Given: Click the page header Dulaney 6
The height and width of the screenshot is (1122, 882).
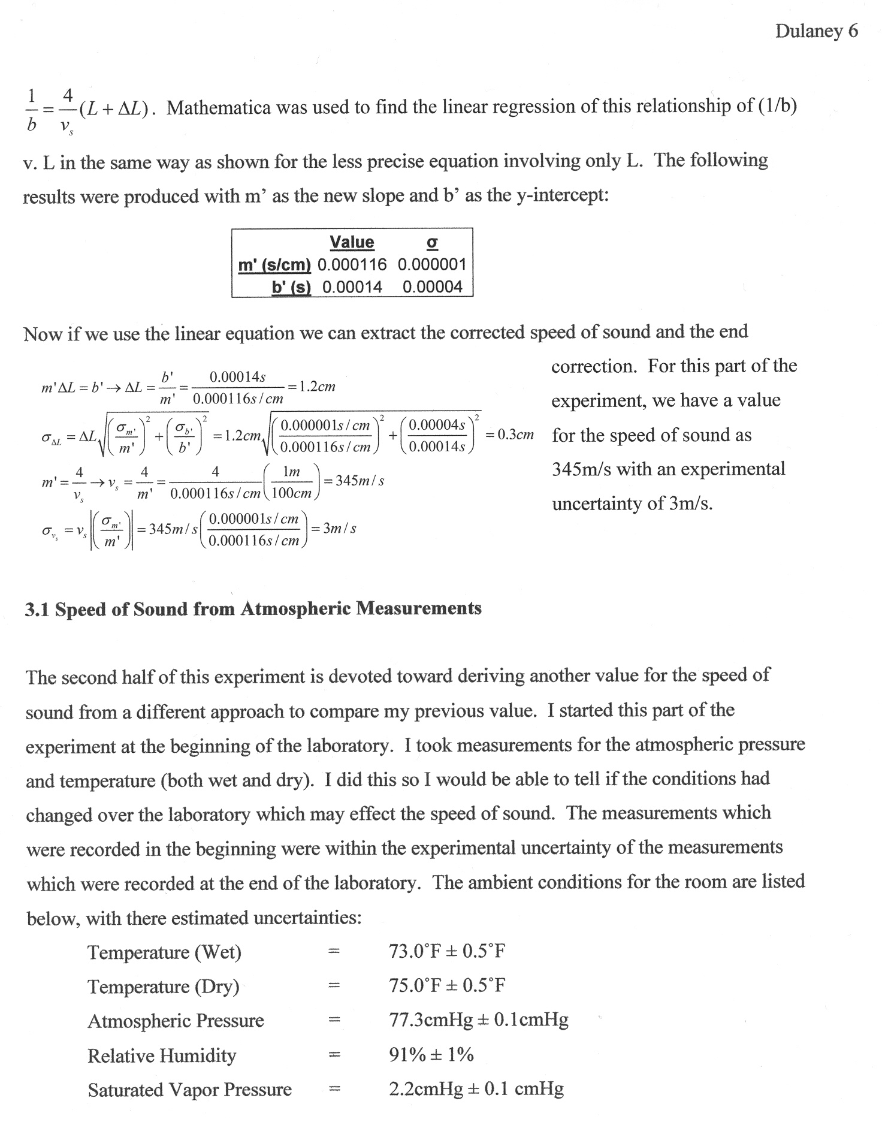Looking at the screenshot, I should (816, 31).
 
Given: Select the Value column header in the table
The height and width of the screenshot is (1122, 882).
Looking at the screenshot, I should (352, 242).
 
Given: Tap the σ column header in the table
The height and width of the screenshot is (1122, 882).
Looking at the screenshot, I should (431, 242).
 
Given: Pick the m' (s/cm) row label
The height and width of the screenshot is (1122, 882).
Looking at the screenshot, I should (274, 264).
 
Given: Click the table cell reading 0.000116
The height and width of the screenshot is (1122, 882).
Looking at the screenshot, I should (352, 264).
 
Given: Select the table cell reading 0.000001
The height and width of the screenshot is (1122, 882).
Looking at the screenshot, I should (431, 264).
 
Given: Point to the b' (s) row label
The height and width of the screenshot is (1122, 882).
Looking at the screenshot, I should (291, 287).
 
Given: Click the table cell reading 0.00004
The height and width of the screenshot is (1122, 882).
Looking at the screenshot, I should (433, 287).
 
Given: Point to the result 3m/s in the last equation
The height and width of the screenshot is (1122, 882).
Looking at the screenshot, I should (340, 529).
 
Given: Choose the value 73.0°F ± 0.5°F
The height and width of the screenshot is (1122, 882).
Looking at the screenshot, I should (447, 951).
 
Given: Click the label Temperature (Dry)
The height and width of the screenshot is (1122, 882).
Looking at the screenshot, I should (163, 986).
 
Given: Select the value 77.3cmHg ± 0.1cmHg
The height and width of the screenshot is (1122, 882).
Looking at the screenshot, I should (478, 1020).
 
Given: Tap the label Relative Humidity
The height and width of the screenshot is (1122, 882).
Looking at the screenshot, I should (162, 1055).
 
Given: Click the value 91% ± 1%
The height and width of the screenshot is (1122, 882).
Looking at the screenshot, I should (431, 1054).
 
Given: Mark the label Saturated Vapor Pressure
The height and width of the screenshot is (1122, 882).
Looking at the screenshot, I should (189, 1090).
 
